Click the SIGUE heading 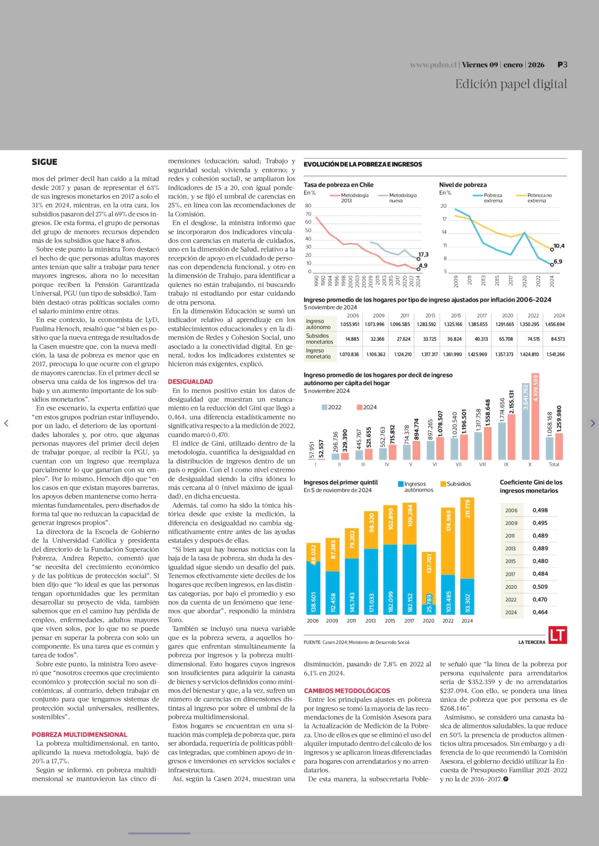click(x=44, y=162)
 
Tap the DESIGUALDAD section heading click(x=190, y=382)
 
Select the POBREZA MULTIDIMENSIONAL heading click(x=79, y=734)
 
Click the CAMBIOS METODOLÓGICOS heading click(x=347, y=690)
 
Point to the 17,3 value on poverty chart click(x=423, y=254)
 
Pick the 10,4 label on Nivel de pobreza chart click(x=559, y=246)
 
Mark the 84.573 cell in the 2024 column click(x=558, y=339)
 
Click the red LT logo click(x=557, y=635)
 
